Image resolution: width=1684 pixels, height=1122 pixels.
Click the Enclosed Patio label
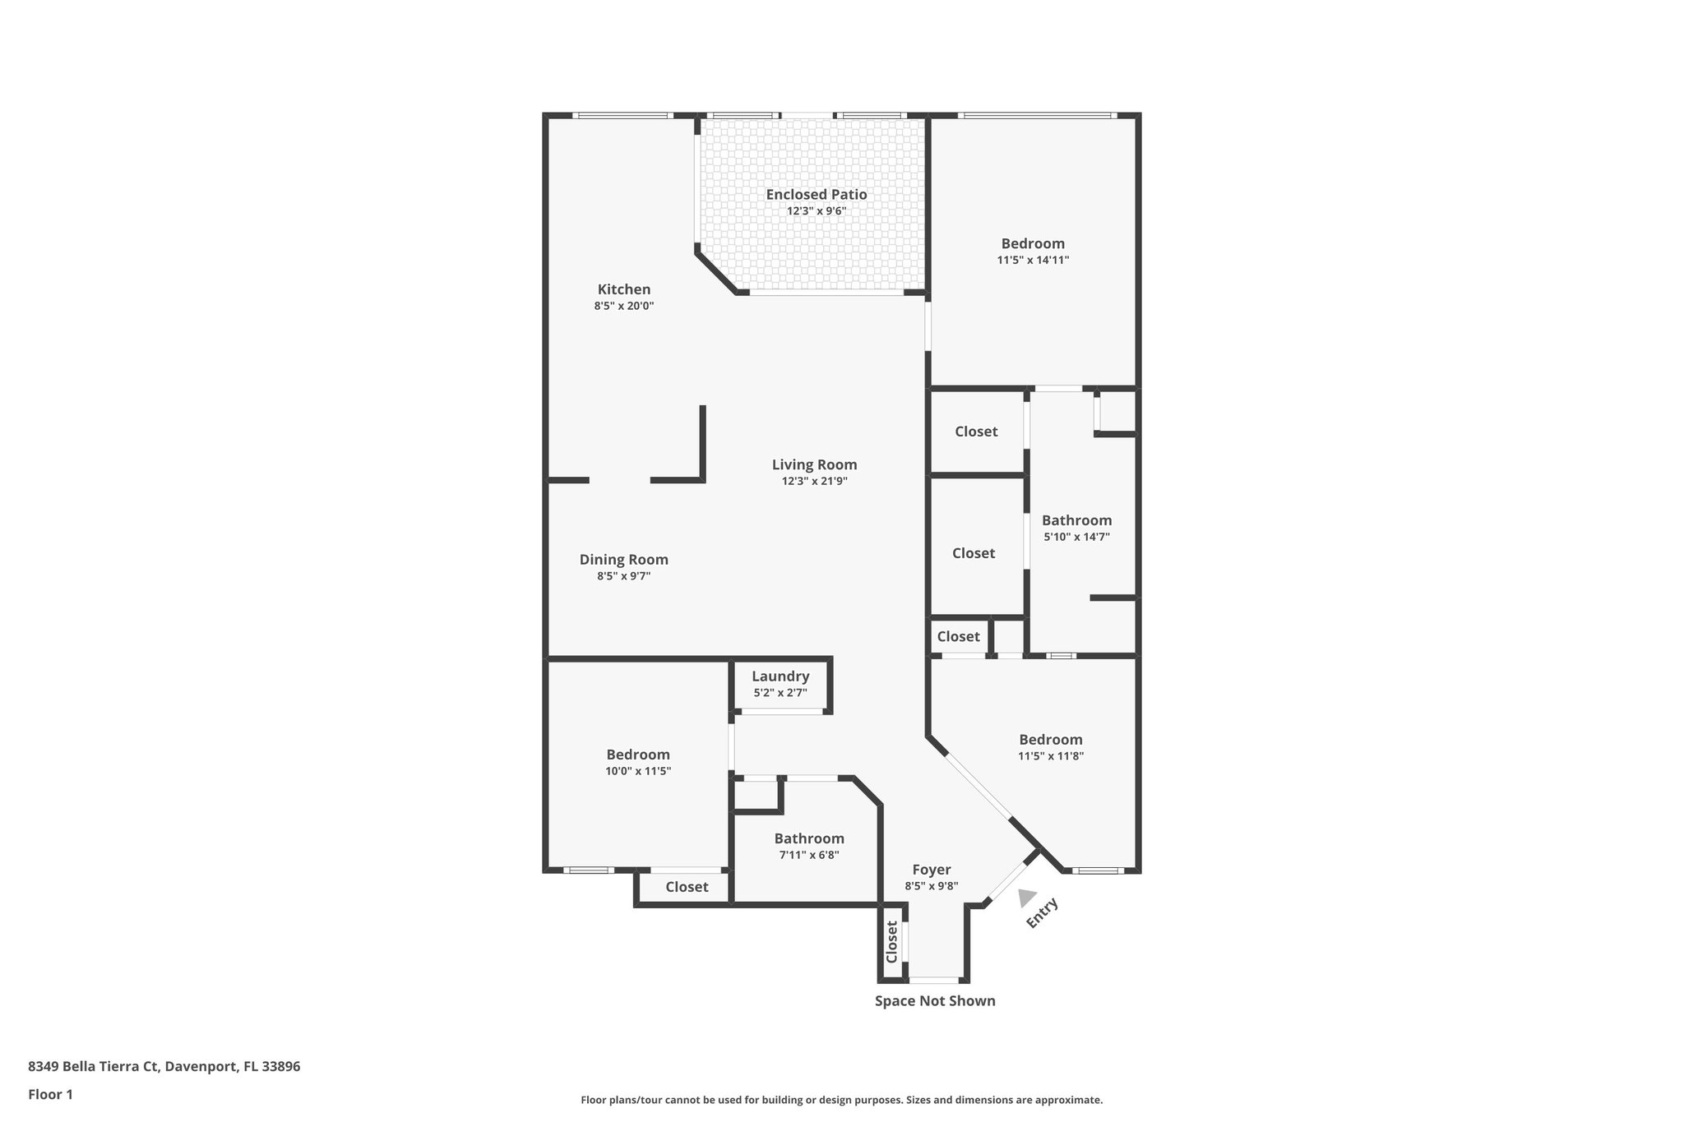point(816,195)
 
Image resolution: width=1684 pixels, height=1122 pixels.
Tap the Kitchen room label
point(623,289)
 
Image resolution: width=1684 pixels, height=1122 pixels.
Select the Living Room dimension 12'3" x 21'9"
point(814,482)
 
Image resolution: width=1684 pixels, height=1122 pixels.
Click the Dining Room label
point(623,560)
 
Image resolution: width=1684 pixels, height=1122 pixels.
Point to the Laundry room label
point(780,676)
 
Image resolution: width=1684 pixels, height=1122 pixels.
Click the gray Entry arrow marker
point(1026,898)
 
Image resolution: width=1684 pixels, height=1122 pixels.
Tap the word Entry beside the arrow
point(1042,913)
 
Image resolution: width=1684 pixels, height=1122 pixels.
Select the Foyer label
point(931,870)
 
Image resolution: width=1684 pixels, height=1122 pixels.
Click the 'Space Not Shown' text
point(935,1001)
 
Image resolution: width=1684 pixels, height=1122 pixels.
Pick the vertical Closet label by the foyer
point(891,941)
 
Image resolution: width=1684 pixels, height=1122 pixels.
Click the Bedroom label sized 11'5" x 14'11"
point(1033,243)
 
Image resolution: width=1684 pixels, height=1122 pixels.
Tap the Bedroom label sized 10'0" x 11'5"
point(638,755)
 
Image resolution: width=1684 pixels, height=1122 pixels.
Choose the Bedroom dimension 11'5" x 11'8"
point(1051,756)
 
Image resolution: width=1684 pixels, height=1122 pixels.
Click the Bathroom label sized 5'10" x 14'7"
point(1076,520)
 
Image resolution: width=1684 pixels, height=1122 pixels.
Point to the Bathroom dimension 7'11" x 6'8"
point(809,855)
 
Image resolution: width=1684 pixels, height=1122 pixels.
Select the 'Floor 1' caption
point(50,1095)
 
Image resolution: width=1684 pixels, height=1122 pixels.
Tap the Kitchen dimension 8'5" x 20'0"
point(623,306)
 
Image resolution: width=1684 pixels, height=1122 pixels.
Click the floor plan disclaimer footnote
point(841,1100)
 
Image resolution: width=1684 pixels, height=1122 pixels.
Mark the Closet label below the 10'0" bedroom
point(687,887)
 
